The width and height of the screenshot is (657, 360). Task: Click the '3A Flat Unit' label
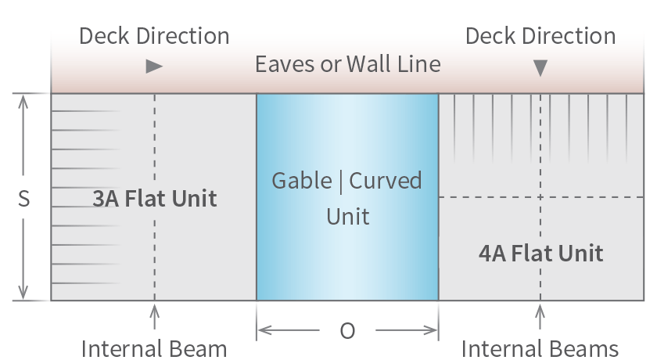tap(154, 198)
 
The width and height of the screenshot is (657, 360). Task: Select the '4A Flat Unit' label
tap(540, 253)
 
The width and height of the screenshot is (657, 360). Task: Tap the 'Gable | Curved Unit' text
tap(346, 197)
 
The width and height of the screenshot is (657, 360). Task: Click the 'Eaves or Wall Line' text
tap(347, 64)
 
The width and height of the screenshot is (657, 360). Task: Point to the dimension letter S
tap(24, 199)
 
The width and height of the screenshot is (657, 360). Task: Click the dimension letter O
tap(347, 331)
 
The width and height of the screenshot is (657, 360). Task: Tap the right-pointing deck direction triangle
tap(154, 67)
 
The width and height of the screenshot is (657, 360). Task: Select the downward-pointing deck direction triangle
tap(540, 69)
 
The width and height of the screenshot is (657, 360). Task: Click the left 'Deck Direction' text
tap(154, 36)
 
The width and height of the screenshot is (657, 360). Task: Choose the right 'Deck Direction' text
tap(540, 36)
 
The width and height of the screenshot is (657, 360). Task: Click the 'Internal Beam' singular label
tap(154, 348)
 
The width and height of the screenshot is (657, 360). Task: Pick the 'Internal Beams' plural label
tap(540, 348)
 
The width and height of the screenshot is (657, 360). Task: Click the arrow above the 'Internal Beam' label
tap(154, 315)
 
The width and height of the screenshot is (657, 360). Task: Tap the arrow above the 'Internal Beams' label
tap(540, 315)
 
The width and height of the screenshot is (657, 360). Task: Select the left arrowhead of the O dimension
tap(264, 330)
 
